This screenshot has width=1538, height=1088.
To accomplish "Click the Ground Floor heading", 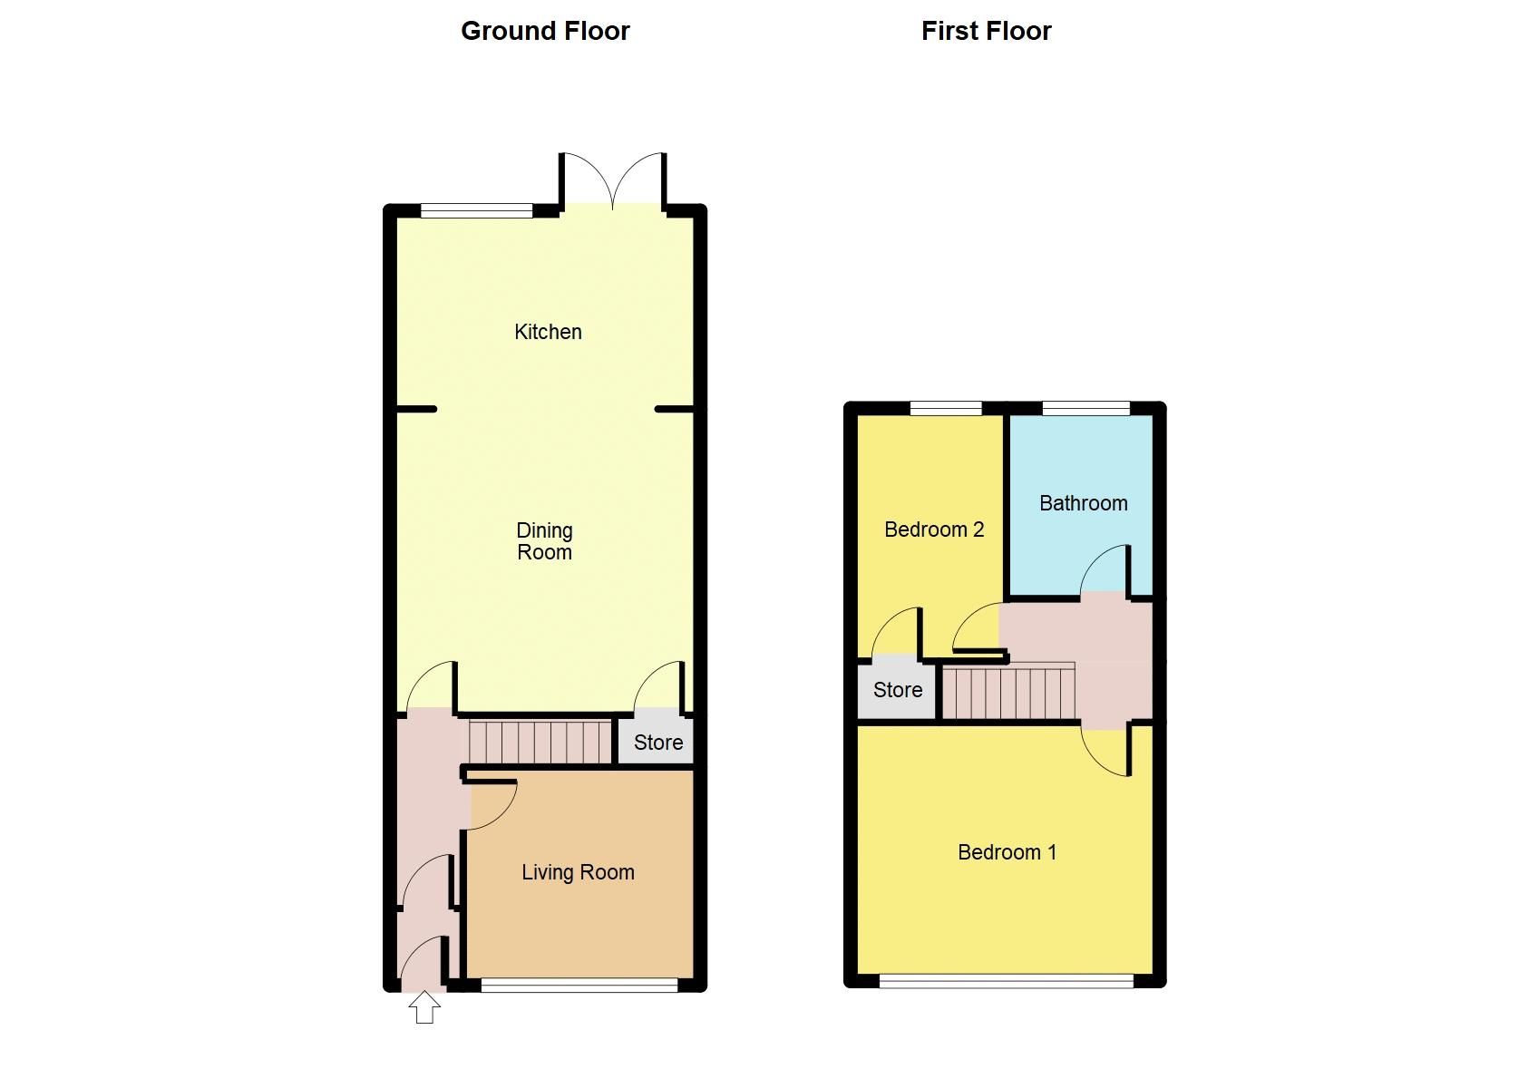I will (x=545, y=31).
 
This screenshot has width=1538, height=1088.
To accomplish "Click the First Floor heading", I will (x=986, y=31).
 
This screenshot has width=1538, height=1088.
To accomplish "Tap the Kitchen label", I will (x=548, y=332).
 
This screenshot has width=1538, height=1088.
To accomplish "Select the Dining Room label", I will (x=544, y=541).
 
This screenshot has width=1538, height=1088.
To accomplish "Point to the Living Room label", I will (x=578, y=872).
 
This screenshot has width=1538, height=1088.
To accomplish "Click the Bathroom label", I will (x=1083, y=503).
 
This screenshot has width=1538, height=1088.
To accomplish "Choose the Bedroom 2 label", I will (x=934, y=529).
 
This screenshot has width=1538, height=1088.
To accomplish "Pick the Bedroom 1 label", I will (x=1007, y=852).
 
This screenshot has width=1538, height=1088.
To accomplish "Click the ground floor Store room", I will (x=657, y=743).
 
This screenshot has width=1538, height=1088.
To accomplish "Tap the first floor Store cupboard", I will (x=898, y=690).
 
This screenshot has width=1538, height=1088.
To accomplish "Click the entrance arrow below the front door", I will (x=424, y=1007).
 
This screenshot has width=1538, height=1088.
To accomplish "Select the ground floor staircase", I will (x=540, y=742).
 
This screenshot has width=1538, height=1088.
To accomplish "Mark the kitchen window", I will (x=477, y=211).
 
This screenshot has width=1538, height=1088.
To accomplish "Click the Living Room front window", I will (x=579, y=985).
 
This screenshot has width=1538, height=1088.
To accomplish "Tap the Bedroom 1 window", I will (x=1006, y=980).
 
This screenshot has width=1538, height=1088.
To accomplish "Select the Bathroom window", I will (x=1085, y=408).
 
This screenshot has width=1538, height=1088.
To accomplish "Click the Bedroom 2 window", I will (x=946, y=408).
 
